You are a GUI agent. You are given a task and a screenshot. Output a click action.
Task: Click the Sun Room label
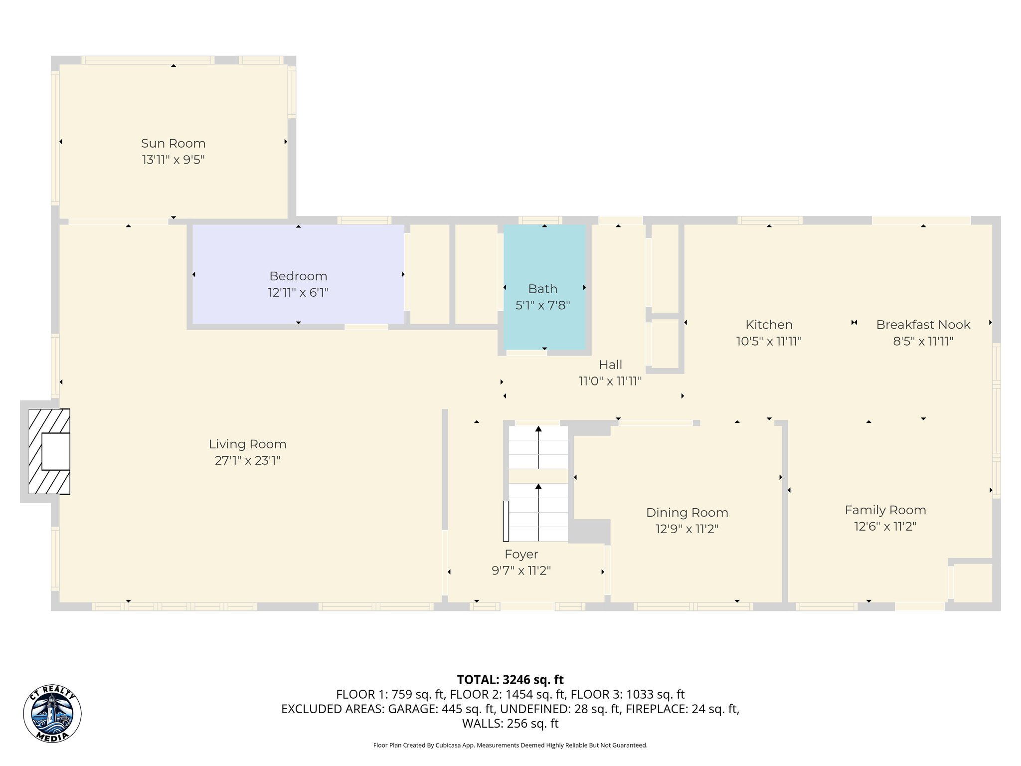(x=173, y=144)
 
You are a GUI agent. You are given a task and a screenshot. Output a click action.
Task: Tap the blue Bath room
(x=544, y=319)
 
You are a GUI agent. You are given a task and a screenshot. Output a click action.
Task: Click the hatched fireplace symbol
(x=49, y=451)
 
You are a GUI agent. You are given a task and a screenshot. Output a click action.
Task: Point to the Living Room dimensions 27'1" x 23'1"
(x=247, y=461)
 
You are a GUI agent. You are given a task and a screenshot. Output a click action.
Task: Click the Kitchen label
(x=769, y=325)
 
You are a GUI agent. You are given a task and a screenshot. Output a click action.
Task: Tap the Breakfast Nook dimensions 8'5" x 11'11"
(x=923, y=342)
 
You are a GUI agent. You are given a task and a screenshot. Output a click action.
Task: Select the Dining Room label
(x=687, y=513)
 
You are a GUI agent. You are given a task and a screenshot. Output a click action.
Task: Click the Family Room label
(x=885, y=510)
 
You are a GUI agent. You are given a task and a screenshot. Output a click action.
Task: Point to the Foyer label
(x=521, y=554)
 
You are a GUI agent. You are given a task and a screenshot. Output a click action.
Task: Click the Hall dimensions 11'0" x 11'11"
(x=610, y=382)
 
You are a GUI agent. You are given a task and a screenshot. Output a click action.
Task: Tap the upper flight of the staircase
(x=538, y=447)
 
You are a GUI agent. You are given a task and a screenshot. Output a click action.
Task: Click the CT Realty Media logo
(x=52, y=713)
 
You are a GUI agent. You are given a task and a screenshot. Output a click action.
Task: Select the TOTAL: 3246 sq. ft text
(x=510, y=680)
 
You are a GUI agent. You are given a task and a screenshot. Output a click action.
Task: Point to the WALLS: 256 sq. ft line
(x=510, y=724)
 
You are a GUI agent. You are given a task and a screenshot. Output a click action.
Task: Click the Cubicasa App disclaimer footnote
(x=510, y=746)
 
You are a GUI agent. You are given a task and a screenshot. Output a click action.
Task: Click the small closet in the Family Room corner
(x=972, y=582)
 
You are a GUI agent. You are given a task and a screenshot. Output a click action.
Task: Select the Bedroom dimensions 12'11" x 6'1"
(x=298, y=293)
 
